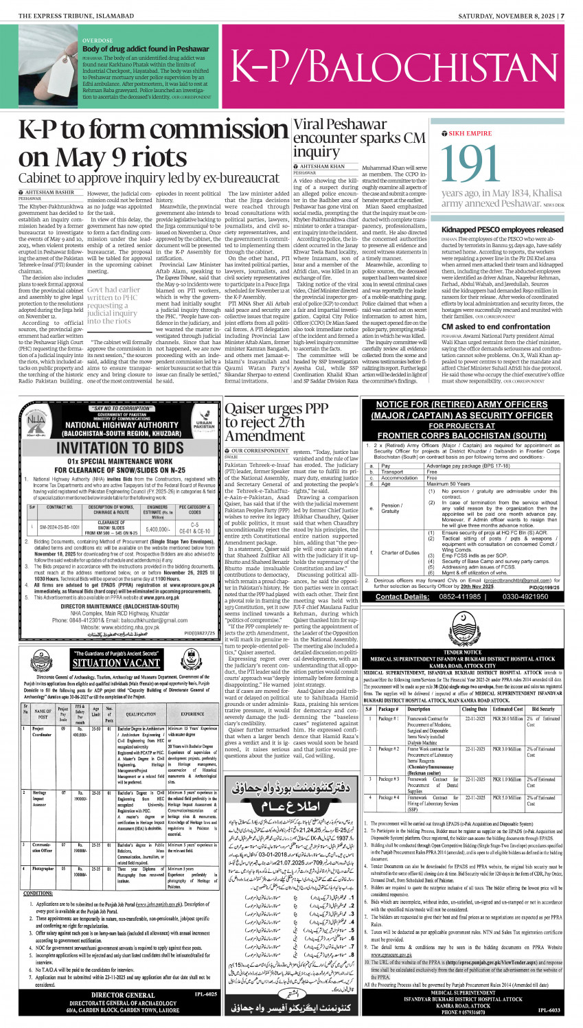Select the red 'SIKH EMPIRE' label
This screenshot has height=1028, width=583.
tap(470, 133)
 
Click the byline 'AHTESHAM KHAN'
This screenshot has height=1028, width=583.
tap(322, 166)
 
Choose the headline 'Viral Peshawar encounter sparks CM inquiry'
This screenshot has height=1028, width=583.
tap(358, 137)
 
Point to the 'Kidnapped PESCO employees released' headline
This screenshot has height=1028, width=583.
tap(502, 229)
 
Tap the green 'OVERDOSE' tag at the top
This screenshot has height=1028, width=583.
tap(98, 41)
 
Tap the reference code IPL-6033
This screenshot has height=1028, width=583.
tap(549, 1010)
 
